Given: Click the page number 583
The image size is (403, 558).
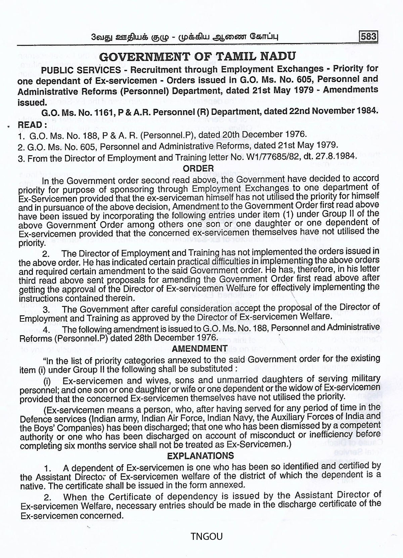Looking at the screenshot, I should tap(368, 36).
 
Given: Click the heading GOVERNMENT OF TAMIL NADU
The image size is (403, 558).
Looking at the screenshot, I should tap(198, 56).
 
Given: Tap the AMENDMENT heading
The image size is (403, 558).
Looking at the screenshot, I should tap(199, 349).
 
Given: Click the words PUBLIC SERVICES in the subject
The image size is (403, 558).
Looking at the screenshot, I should tap(81, 70).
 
